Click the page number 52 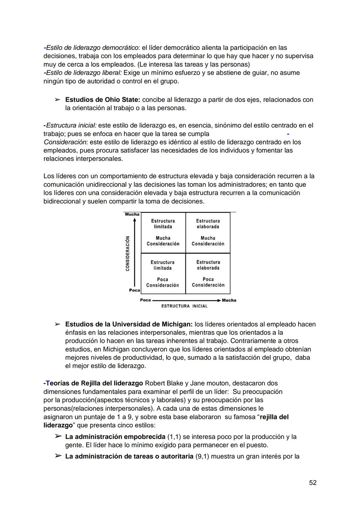(x=312, y=483)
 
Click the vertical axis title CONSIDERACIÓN (x=128, y=253)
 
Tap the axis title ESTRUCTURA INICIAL (x=184, y=306)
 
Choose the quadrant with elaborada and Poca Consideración (x=208, y=274)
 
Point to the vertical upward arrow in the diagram (x=134, y=253)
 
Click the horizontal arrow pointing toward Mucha (x=187, y=300)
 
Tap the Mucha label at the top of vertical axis (x=132, y=214)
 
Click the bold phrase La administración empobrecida (x=115, y=437)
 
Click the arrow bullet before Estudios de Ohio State (x=57, y=100)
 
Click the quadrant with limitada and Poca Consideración (x=163, y=274)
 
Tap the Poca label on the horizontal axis (x=145, y=300)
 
